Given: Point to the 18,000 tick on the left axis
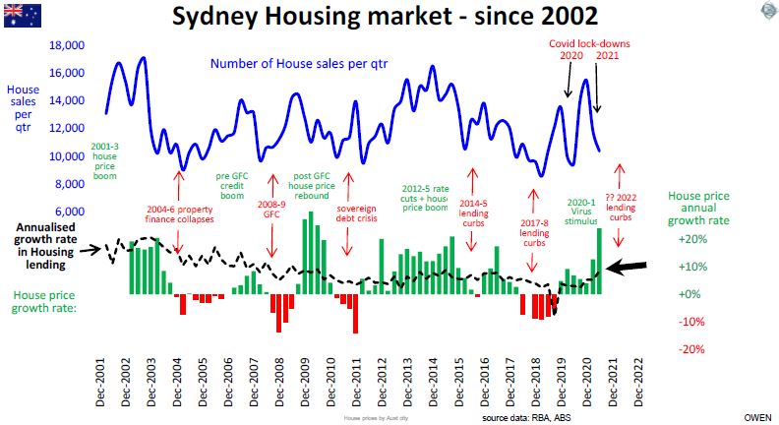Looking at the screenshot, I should (x=68, y=45).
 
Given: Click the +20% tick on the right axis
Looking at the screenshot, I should (x=692, y=239).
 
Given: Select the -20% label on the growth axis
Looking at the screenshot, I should (x=692, y=349).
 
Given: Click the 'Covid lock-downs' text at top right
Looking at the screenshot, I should (x=588, y=43).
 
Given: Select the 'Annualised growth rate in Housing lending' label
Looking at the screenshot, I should (x=46, y=245).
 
